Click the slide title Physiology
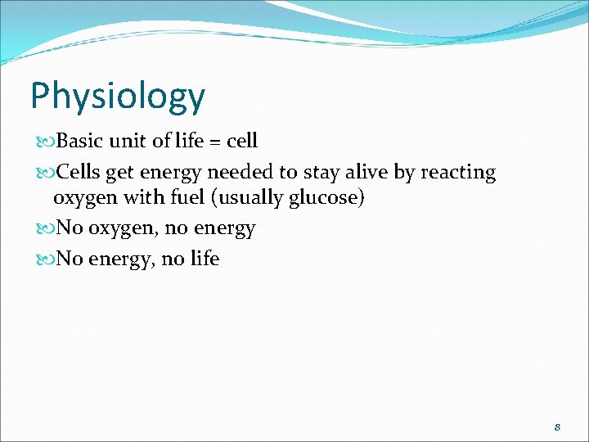point(117,96)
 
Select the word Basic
point(79,141)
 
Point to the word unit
point(126,141)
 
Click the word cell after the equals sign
point(241,141)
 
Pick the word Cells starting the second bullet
point(79,173)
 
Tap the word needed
point(236,173)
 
